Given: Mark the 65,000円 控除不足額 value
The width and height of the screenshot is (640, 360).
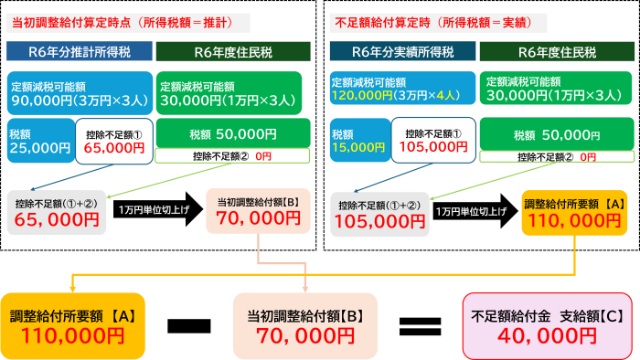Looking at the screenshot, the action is pyautogui.click(x=58, y=219).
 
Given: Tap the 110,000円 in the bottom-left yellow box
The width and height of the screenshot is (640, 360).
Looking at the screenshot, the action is pyautogui.click(x=72, y=335).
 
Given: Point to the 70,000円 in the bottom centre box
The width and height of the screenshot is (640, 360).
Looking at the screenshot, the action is pyautogui.click(x=304, y=335).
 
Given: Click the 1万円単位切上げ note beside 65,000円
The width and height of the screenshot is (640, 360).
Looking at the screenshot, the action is pyautogui.click(x=155, y=210).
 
